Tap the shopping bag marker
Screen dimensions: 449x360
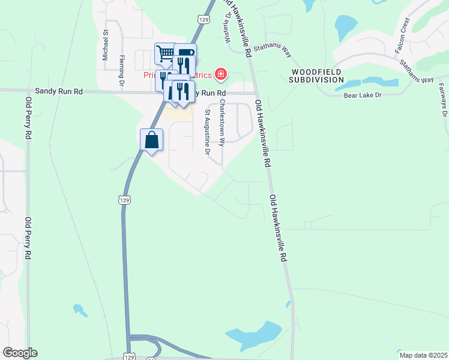click(152, 140)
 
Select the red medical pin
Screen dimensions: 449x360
click(221, 74)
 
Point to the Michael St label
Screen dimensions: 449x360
click(105, 46)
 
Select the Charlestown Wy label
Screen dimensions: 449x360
click(221, 122)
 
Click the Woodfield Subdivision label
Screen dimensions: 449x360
click(318, 75)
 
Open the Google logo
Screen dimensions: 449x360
click(20, 353)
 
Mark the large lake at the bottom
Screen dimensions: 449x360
click(255, 336)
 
